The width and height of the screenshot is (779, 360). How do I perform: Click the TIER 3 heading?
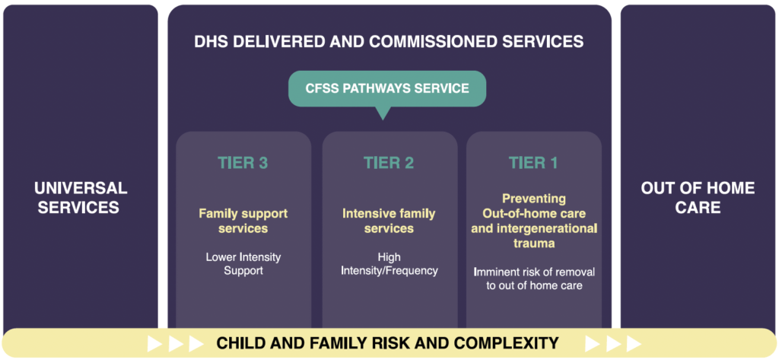click(x=243, y=163)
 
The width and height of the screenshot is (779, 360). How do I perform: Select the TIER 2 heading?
click(x=389, y=163)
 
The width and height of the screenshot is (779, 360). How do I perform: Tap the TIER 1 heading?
click(x=533, y=163)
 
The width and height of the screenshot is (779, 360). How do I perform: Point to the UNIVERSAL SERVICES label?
click(x=80, y=197)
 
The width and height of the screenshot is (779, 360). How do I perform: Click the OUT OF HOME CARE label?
click(x=698, y=197)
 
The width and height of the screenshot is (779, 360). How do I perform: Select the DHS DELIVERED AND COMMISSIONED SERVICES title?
click(x=389, y=41)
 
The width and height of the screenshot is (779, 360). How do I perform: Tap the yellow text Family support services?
click(x=243, y=221)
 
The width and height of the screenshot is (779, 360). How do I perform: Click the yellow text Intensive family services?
click(x=389, y=221)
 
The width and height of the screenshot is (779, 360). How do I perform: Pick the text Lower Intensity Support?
click(x=243, y=264)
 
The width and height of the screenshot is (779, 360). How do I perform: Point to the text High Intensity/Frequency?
click(x=389, y=264)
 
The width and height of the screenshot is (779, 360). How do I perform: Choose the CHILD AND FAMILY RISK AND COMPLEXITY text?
click(x=387, y=343)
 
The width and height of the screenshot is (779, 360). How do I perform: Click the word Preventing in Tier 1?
click(x=533, y=199)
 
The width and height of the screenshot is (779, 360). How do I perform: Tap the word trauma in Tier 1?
click(x=533, y=244)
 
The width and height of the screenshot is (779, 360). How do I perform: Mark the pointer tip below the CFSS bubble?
click(x=383, y=116)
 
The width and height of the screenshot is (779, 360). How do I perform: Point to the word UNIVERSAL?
click(x=80, y=188)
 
